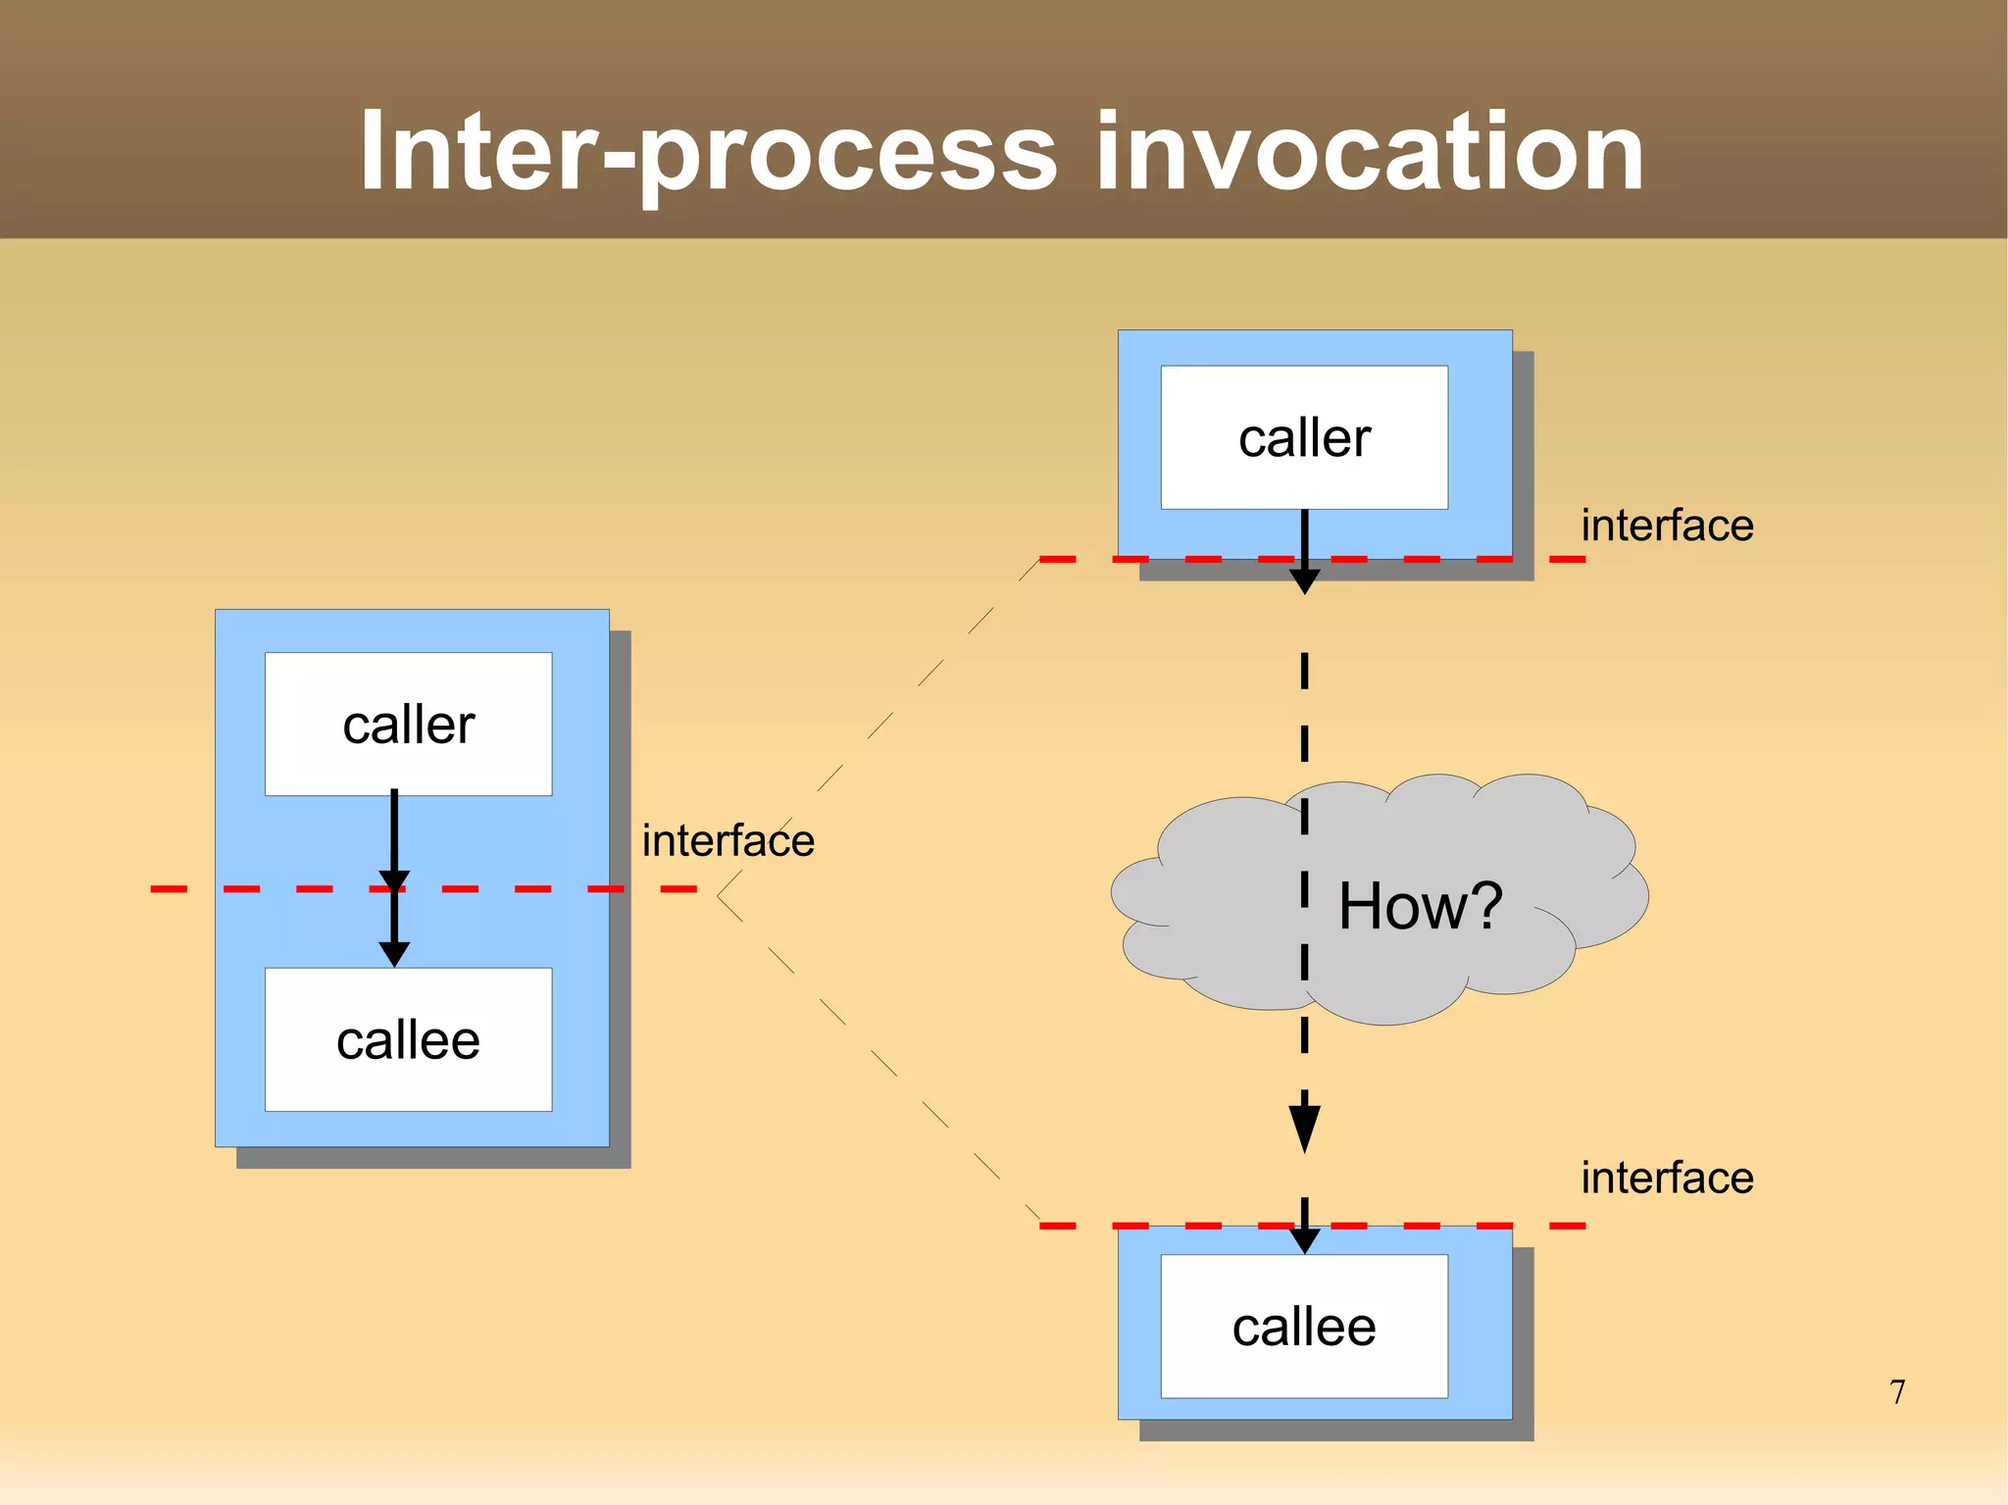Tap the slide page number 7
point(1897,1391)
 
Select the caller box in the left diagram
point(408,725)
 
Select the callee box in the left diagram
point(408,1039)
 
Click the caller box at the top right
point(1304,437)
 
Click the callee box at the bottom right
point(1304,1327)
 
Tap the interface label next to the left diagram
point(728,840)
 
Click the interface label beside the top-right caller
point(1666,526)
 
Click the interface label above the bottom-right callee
point(1666,1178)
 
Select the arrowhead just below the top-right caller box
point(1304,581)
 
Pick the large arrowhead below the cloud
point(1304,1128)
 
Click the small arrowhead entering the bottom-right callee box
point(1304,1242)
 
